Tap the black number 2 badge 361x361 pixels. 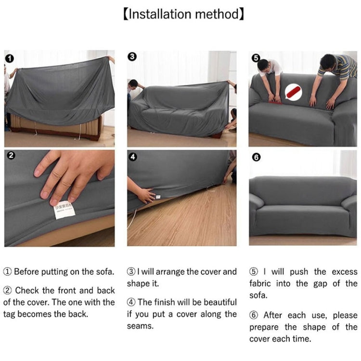tap(11, 155)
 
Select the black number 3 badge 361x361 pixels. tap(133, 56)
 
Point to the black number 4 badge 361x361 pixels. tap(133, 157)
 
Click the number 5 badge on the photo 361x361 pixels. tap(256, 58)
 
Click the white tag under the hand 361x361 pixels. tap(63, 211)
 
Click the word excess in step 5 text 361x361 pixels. tap(343, 271)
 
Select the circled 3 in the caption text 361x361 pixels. tap(131, 271)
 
